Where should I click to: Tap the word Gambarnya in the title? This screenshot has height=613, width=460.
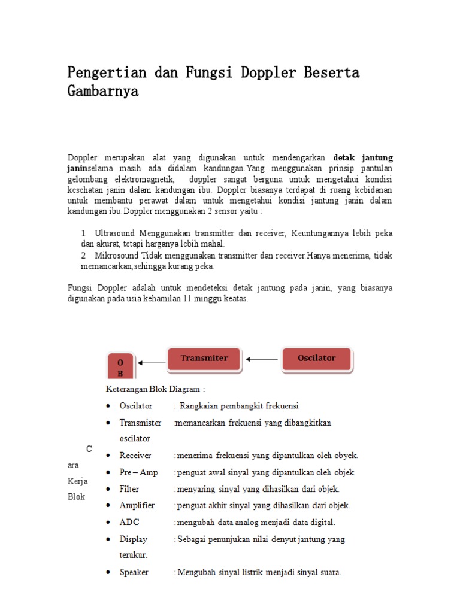(x=103, y=92)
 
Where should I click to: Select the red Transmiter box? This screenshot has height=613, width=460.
(x=204, y=359)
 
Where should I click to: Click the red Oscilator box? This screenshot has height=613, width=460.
(x=316, y=359)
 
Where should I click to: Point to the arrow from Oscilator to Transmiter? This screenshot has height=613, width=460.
(x=262, y=359)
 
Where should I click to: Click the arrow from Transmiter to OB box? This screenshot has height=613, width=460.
(x=152, y=362)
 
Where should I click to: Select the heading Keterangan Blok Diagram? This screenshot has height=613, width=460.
(x=155, y=389)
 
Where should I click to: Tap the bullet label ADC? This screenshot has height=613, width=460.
(x=129, y=522)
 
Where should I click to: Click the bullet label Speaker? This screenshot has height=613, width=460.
(x=134, y=572)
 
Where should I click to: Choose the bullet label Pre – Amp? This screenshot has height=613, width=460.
(x=138, y=472)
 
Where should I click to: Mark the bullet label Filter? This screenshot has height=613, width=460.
(x=129, y=489)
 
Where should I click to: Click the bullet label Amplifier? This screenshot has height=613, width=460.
(x=137, y=505)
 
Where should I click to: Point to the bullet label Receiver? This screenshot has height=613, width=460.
(x=135, y=456)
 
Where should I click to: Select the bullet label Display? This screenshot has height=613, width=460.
(x=133, y=539)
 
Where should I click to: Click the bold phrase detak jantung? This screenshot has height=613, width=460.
(x=363, y=158)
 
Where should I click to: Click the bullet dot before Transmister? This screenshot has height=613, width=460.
(x=107, y=423)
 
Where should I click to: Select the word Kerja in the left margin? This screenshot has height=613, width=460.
(x=77, y=481)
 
